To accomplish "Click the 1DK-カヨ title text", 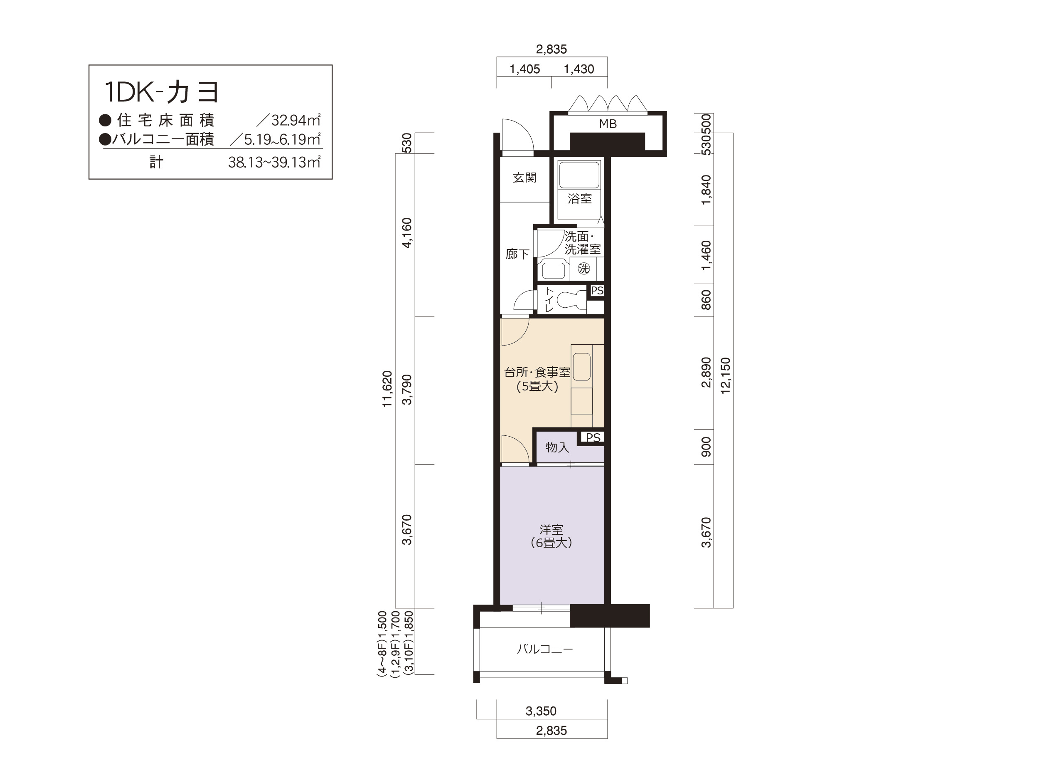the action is pos(161,92).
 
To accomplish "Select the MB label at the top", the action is pos(608,124).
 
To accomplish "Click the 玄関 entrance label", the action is pos(524,178).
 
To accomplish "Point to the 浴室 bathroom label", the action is pos(580,199).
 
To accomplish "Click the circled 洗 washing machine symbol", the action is pos(584,269).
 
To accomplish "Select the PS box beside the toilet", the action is pos(597,291).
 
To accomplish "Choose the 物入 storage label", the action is pos(558,447).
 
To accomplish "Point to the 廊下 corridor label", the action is pos(517,254).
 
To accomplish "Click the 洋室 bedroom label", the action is pos(552,530).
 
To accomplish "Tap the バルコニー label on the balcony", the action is pos(545,649).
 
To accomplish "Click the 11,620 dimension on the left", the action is pos(387,389).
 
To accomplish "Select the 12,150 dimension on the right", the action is pos(726,376).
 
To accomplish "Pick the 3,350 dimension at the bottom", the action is pos(541,711).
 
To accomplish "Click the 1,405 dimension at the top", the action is pos(524,69).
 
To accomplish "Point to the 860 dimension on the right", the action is pos(706,300).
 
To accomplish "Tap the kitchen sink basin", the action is pos(581,367).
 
